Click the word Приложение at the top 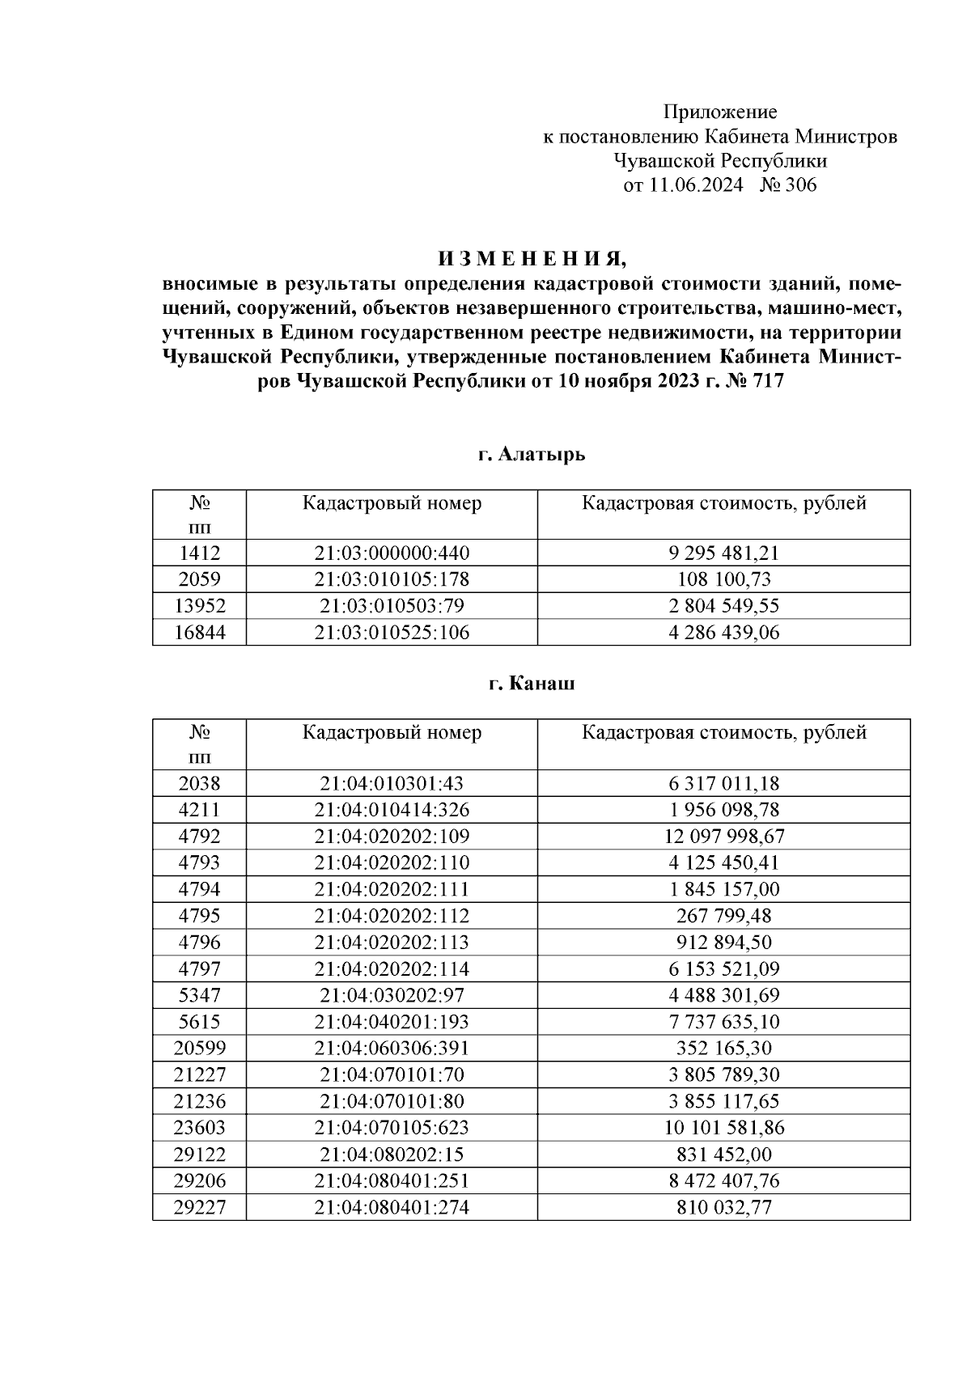(x=720, y=112)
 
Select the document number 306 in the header (x=800, y=185)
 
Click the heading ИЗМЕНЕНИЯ (x=532, y=259)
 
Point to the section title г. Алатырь (x=532, y=455)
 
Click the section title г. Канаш (x=532, y=684)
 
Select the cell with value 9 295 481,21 (x=723, y=553)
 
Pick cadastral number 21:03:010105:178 (x=392, y=579)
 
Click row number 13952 (x=199, y=606)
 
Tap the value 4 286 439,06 (x=723, y=633)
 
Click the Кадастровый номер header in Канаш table (x=392, y=732)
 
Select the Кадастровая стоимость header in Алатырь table (x=723, y=503)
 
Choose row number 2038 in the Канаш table (x=199, y=783)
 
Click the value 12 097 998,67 (x=723, y=836)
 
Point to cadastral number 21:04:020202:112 (x=392, y=916)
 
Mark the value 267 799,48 (x=723, y=916)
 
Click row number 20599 (x=199, y=1049)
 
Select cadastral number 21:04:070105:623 (x=392, y=1128)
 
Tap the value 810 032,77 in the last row (x=723, y=1208)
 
